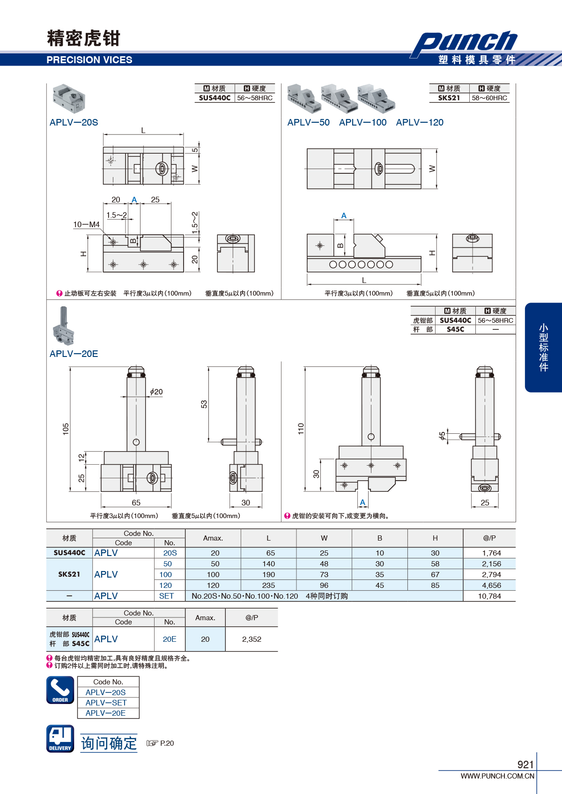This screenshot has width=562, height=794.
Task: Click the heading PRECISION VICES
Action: point(89,60)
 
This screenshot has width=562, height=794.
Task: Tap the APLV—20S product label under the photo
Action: point(74,122)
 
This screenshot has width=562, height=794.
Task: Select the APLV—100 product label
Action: point(362,122)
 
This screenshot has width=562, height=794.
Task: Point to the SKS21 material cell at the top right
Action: point(449,98)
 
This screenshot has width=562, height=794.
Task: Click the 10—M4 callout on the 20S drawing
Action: point(86,224)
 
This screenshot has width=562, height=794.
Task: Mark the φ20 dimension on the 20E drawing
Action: point(156,392)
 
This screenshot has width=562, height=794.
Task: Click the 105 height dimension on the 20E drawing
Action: point(66,429)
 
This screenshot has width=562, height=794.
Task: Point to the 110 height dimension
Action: point(301,429)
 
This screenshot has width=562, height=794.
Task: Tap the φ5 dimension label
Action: point(442,436)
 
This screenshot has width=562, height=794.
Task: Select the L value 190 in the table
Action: point(269,574)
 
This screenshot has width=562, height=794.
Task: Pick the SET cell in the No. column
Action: point(166,596)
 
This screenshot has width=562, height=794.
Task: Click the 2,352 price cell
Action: point(251,639)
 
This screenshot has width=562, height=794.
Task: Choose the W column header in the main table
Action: point(324,538)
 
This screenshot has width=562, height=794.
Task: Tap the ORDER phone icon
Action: point(60,690)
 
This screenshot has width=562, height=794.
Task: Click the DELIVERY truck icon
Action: point(60,738)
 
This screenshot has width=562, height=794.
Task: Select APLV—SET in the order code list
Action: point(106,703)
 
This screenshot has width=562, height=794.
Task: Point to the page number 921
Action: point(525,764)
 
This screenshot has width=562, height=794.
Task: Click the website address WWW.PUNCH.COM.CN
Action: point(497,776)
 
